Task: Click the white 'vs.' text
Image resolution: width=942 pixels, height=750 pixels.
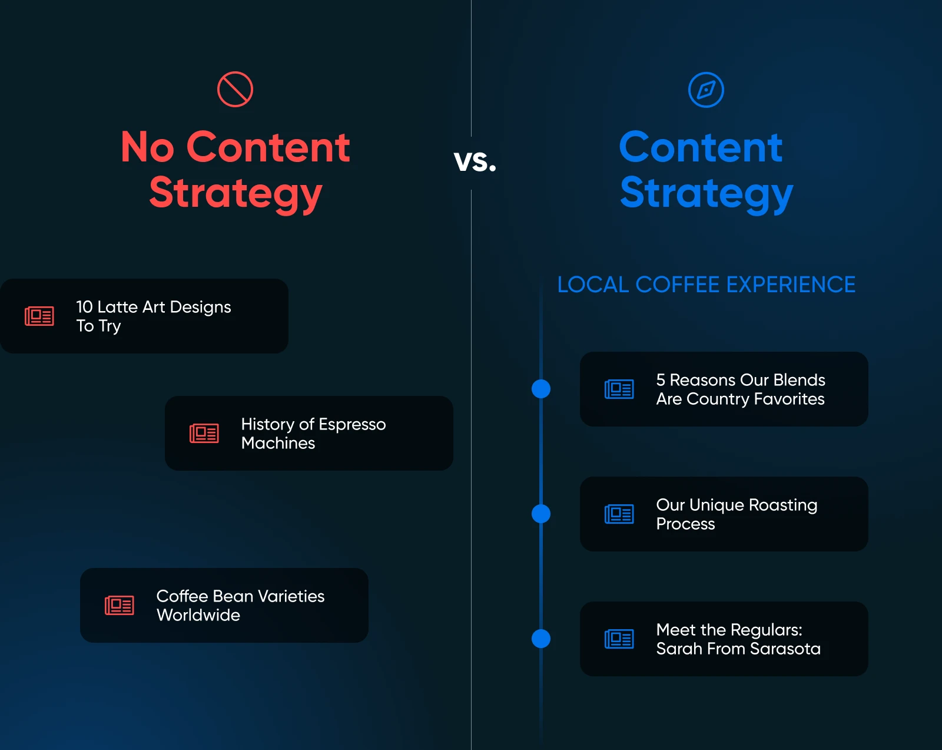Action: coord(475,161)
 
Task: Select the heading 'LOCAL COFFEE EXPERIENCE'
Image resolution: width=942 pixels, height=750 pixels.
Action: coord(706,285)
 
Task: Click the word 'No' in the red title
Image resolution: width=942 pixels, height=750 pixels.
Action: coord(148,148)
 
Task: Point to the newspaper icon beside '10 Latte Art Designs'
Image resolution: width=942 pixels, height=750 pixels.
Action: coord(39,316)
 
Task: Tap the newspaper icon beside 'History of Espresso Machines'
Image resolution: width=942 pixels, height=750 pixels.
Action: coord(204,433)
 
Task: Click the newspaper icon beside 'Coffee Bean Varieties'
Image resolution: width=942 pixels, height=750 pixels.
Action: coord(120,606)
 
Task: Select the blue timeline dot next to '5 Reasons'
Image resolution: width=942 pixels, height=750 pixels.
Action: coord(541,389)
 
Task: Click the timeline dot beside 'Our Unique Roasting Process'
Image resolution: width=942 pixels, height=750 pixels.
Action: coord(541,514)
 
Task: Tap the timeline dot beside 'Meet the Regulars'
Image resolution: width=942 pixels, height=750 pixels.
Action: coord(541,639)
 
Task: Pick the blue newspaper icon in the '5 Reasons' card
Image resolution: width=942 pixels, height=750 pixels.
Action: coord(619,389)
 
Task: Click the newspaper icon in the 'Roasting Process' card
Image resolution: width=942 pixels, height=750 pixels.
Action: coord(619,514)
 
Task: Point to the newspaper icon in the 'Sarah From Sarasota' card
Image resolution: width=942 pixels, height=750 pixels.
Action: coord(619,639)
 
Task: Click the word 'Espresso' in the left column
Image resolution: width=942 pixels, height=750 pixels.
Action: coord(353,425)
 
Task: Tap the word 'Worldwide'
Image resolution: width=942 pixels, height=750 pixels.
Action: coord(198,615)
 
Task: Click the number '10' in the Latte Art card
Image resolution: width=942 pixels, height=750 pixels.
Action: coord(84,307)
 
